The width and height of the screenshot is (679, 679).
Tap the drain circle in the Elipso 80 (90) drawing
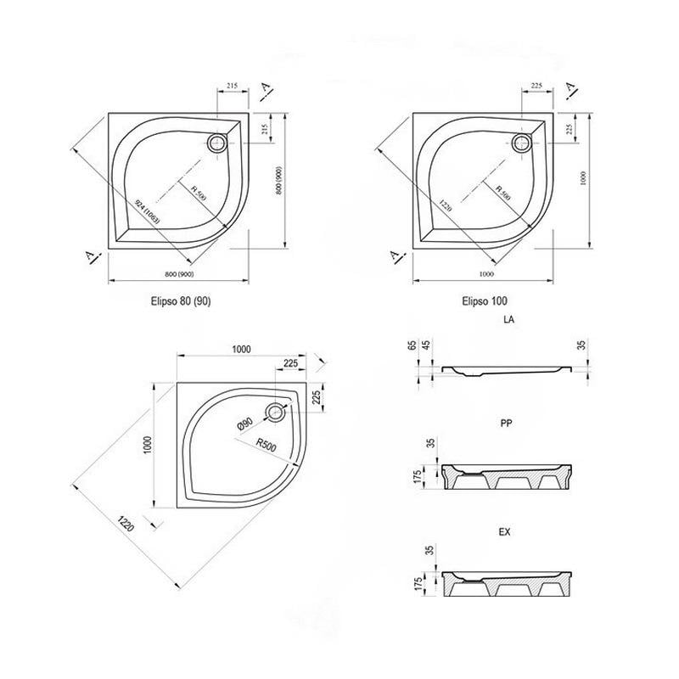coord(218,142)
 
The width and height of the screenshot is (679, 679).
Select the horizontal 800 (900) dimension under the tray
coord(180,274)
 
